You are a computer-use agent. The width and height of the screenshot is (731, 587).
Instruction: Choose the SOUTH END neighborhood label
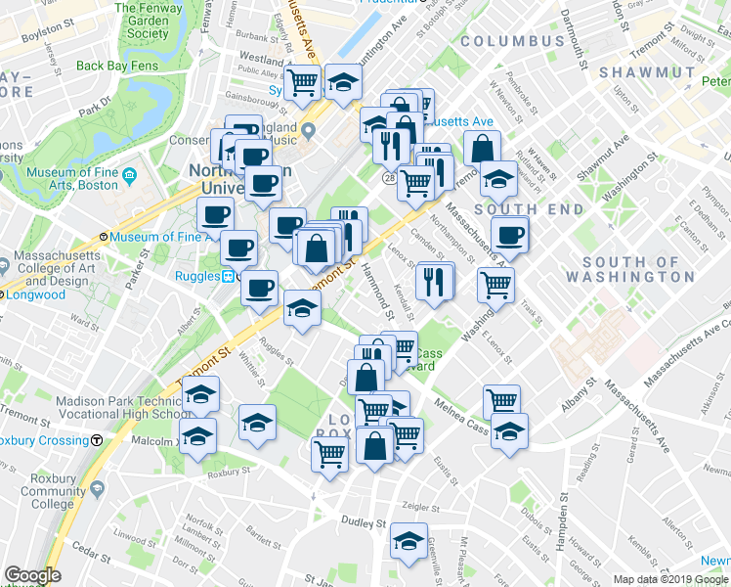click(x=529, y=209)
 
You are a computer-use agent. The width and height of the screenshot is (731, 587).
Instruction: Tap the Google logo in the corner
click(x=31, y=575)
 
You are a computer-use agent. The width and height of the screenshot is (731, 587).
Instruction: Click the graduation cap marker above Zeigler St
click(x=408, y=540)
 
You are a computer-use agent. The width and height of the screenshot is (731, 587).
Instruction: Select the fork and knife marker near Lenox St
click(x=434, y=281)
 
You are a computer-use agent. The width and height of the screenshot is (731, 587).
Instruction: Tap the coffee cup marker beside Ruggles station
click(x=259, y=288)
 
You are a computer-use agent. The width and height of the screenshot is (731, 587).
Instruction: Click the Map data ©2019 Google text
click(x=670, y=579)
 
